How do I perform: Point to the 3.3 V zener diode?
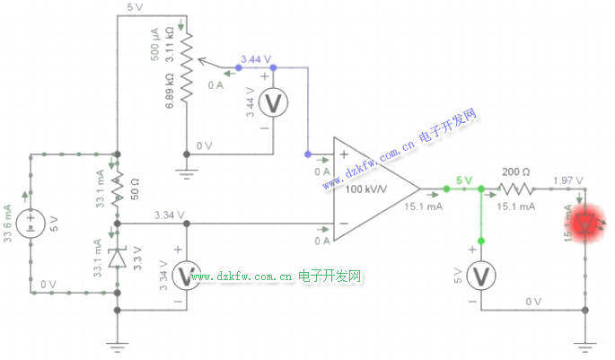click(x=117, y=258)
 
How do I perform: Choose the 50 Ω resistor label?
click(x=136, y=189)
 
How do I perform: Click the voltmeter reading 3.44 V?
click(x=273, y=104)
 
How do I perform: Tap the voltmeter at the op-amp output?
click(x=482, y=276)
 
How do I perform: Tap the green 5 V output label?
click(x=463, y=180)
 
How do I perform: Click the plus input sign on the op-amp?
click(x=343, y=154)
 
